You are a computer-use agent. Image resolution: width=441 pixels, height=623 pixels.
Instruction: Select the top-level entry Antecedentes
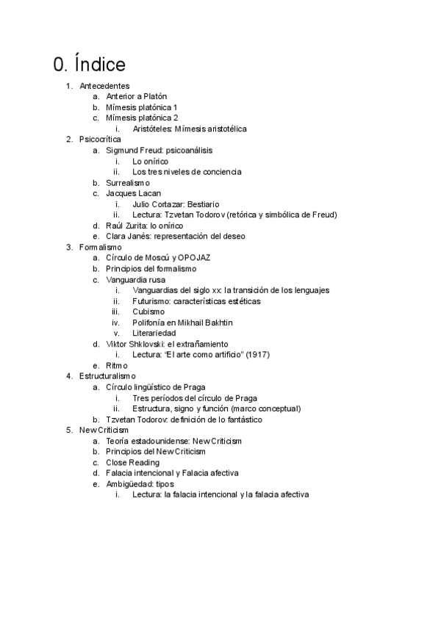coord(104,86)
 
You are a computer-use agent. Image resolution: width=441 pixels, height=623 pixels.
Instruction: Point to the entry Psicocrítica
coord(100,140)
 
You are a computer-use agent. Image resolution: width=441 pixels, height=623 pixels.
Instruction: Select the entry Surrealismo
coord(128,182)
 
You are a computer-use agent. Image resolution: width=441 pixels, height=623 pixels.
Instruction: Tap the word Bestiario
coord(201,204)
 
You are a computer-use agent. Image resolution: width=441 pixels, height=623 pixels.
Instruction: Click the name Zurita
coord(137,226)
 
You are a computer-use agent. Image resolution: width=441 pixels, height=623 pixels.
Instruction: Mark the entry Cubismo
coord(148,311)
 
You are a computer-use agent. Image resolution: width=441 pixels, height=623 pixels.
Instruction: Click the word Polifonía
coord(151,323)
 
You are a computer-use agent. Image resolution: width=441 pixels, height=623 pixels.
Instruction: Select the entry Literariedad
coord(154,333)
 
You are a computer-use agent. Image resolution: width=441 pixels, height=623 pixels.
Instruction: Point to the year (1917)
coord(257,355)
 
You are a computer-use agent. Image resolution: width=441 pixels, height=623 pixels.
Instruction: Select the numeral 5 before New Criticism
coord(68,430)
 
